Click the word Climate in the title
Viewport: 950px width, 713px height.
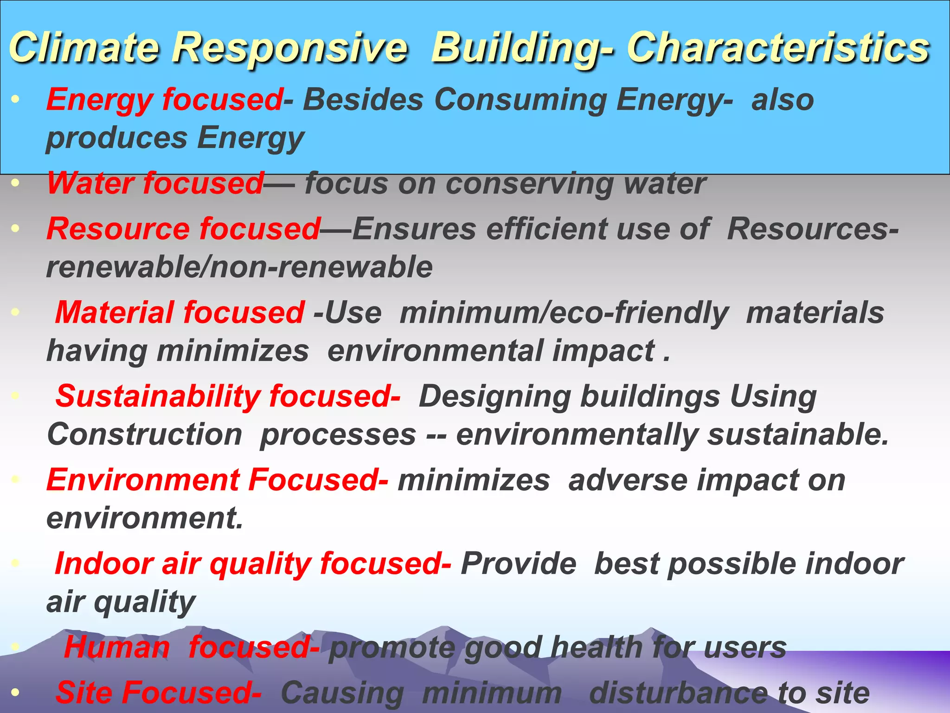point(83,48)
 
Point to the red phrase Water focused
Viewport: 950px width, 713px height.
point(155,183)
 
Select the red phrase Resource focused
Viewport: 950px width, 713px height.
point(184,229)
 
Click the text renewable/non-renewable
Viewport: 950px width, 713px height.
point(239,267)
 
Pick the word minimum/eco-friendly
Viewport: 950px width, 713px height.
point(564,312)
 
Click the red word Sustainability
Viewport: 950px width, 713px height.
point(158,396)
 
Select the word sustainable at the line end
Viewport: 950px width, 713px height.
point(798,434)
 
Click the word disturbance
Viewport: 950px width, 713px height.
point(677,693)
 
